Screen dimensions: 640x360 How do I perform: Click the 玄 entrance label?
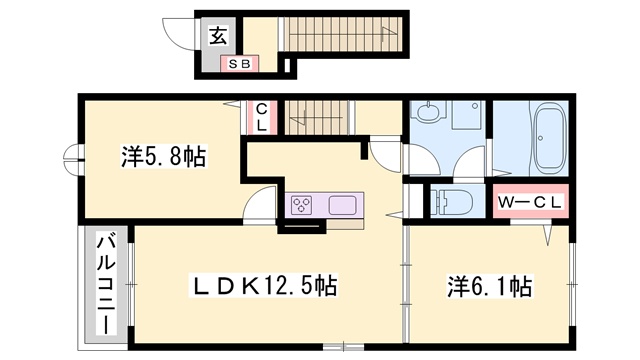click(218, 36)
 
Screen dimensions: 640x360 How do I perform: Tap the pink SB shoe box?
click(240, 64)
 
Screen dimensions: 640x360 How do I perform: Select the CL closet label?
click(262, 117)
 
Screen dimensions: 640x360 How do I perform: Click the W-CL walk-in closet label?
click(531, 202)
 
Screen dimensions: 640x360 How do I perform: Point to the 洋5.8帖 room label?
click(164, 156)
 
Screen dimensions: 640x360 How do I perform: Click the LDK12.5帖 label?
click(263, 285)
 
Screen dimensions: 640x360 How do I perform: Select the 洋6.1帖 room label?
click(490, 286)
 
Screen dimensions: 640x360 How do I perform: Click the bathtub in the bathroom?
click(549, 138)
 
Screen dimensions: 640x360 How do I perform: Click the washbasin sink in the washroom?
click(427, 111)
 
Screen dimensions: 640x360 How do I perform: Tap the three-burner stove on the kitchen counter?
click(302, 205)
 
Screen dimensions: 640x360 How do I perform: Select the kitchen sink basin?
click(342, 205)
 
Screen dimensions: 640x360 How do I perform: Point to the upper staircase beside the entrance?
click(343, 34)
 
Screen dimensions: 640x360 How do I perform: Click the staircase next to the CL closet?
click(317, 117)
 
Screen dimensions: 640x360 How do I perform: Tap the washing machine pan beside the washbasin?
click(466, 115)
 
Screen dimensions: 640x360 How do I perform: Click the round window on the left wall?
click(73, 160)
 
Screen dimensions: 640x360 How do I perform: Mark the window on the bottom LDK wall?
click(343, 347)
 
